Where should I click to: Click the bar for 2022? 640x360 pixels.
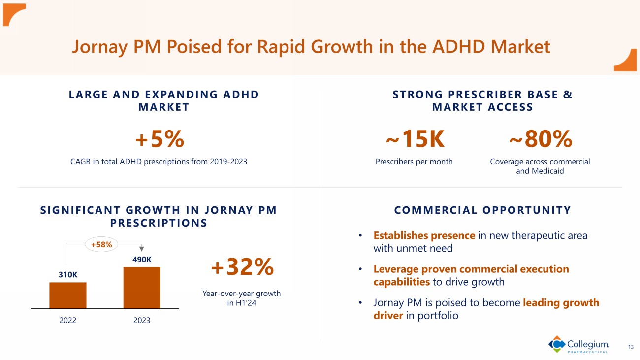[68, 295]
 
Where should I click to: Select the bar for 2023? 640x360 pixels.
[142, 288]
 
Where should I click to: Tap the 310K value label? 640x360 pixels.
[68, 275]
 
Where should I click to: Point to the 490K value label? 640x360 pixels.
[142, 260]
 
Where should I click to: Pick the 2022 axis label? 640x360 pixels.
[68, 320]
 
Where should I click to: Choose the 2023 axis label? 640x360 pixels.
[142, 320]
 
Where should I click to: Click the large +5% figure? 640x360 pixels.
[160, 140]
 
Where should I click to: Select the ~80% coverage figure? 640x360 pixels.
[540, 140]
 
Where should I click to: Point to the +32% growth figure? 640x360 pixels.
[242, 267]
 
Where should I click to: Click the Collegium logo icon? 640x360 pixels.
[557, 344]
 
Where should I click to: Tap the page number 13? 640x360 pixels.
[631, 347]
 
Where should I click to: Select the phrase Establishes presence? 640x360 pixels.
[424, 235]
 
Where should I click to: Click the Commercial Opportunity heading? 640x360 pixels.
[482, 210]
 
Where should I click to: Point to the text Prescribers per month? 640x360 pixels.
[414, 162]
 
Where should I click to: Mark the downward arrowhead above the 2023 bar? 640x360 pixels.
[142, 249]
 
